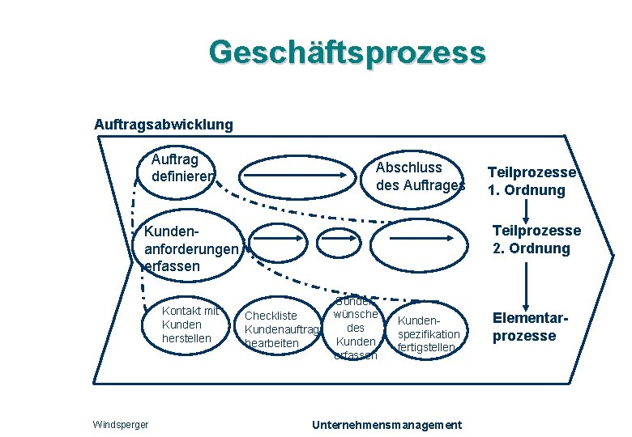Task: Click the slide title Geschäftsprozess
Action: tap(347, 53)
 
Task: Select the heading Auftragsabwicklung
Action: tap(164, 125)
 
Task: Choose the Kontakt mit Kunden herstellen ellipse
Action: tap(190, 325)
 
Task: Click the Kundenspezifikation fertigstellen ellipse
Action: tap(429, 333)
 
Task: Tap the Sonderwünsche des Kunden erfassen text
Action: tap(357, 328)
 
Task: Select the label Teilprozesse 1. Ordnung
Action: tap(532, 182)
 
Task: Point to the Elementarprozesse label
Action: tap(524, 327)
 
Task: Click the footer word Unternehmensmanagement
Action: tap(387, 425)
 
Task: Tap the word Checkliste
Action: tap(271, 316)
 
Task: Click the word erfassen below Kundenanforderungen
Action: tap(174, 265)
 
